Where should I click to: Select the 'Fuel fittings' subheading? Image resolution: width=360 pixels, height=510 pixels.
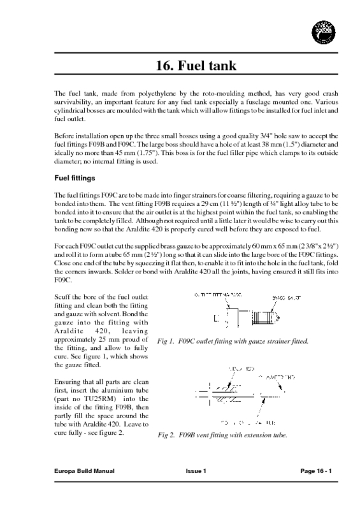75,178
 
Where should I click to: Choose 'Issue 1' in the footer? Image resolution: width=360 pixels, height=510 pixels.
196,488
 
